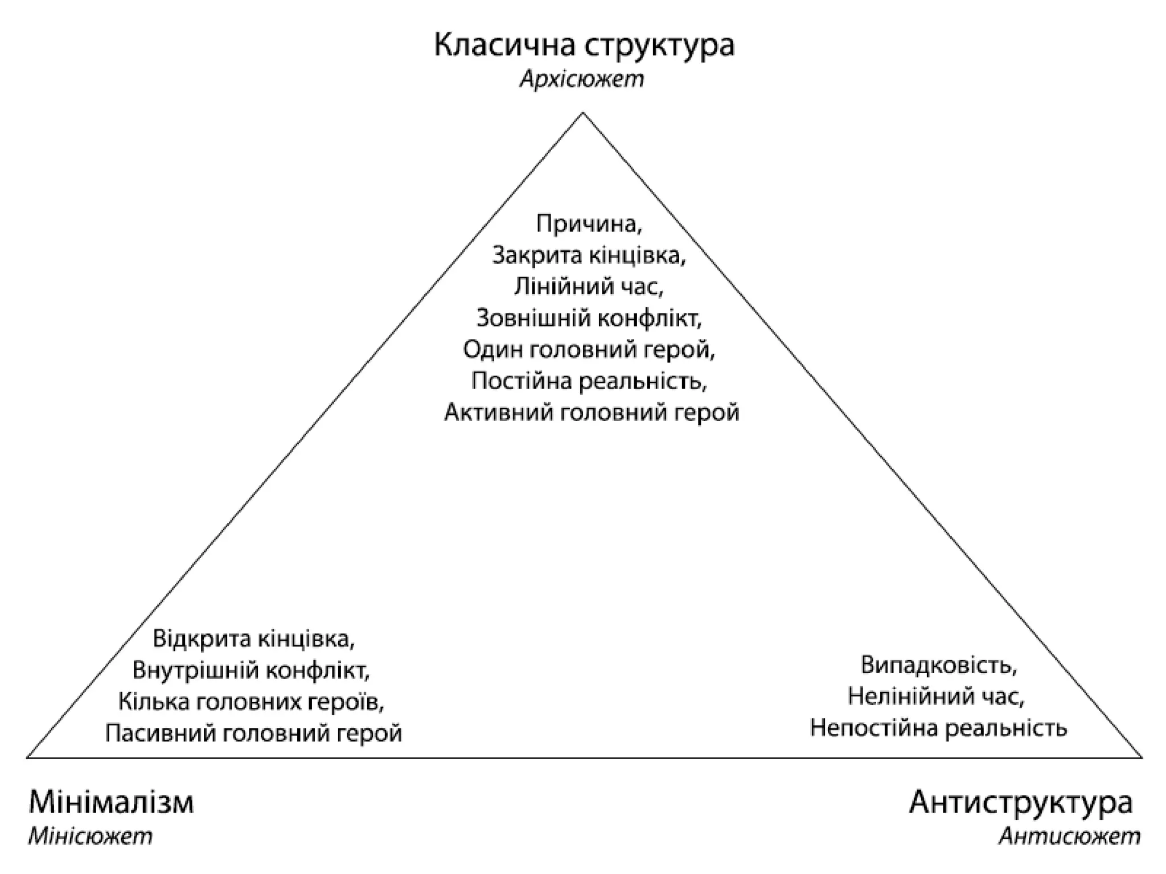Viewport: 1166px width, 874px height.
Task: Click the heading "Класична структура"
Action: (584, 46)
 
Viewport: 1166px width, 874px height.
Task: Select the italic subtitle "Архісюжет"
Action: (581, 80)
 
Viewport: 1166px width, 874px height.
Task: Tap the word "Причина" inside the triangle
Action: (589, 224)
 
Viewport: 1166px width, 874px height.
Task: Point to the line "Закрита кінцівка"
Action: (589, 256)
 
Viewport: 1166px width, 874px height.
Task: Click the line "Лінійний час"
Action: (589, 287)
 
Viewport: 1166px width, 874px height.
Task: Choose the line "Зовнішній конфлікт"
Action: (589, 319)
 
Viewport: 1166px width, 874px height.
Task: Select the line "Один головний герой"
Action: (589, 349)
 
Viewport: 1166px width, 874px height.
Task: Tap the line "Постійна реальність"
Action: (589, 381)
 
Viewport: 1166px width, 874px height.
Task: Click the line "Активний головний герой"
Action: (591, 412)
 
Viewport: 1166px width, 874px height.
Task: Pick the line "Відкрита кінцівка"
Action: (254, 639)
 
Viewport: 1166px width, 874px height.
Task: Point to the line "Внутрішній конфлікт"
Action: (251, 670)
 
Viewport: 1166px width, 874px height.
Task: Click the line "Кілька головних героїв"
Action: (251, 702)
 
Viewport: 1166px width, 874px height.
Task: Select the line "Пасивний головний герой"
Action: (253, 733)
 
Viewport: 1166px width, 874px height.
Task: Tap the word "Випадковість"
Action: (938, 665)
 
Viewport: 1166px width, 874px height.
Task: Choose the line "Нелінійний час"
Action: (936, 696)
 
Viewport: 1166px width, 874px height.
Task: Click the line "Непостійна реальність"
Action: (938, 728)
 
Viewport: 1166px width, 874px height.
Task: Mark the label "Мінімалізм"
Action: (111, 803)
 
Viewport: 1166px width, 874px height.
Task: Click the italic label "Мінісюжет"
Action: (90, 836)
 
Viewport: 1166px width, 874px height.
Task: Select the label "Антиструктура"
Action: (1020, 803)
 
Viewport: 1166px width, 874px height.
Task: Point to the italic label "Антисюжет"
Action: (1069, 836)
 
